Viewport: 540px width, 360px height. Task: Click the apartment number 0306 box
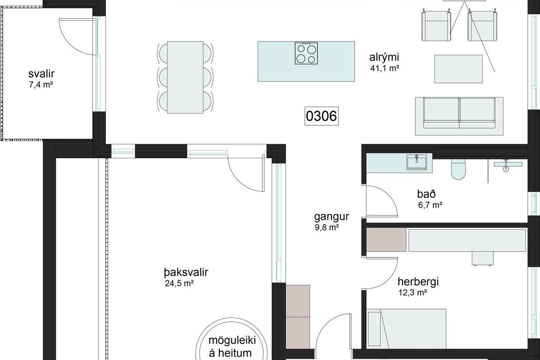(322, 116)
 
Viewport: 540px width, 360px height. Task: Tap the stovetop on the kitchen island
(306, 54)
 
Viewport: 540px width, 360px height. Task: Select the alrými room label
(384, 58)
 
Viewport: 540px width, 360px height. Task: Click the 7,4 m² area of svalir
(41, 85)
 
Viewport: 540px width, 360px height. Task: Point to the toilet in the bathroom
(458, 169)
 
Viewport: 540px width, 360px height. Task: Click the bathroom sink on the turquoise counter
(417, 162)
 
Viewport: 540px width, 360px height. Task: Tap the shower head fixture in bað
(506, 166)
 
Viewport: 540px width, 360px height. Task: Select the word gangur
(331, 217)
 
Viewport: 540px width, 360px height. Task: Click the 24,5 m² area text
(179, 283)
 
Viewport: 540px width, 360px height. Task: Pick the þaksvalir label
(186, 272)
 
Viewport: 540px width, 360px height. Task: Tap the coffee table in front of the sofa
(459, 69)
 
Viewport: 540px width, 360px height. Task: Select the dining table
(185, 77)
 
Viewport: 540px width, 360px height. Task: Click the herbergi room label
(418, 282)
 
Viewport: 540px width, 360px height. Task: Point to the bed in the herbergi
(406, 329)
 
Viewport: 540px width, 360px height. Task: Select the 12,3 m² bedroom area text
(413, 293)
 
